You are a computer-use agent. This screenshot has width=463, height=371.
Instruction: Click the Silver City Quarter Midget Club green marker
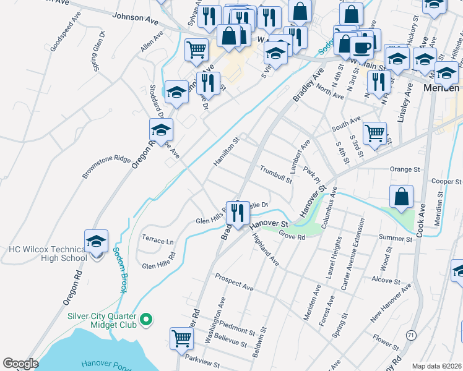tap(146, 319)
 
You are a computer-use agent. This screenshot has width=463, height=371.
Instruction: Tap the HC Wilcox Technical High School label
tap(47, 254)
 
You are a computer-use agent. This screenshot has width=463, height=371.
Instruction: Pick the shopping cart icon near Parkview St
tap(181, 337)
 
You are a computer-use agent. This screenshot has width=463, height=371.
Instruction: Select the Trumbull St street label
tap(276, 174)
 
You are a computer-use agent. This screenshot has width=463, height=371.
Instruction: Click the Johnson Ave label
tap(135, 19)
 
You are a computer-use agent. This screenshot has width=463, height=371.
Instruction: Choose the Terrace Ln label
tap(158, 241)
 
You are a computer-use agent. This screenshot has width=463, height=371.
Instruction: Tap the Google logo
tap(21, 364)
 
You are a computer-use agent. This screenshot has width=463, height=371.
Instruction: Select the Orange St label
tap(405, 169)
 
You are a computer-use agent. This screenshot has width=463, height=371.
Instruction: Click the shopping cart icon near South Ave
tap(374, 132)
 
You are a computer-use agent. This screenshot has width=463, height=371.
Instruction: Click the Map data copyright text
tap(436, 366)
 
